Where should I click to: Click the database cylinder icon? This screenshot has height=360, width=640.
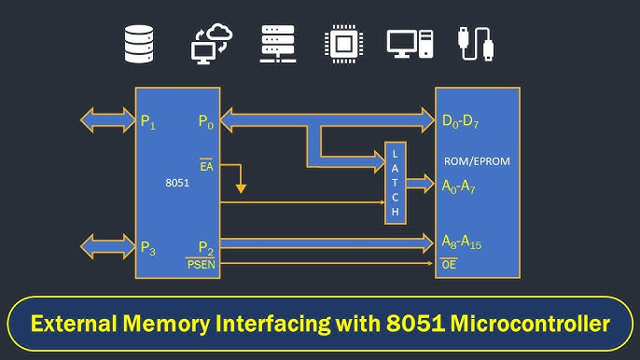coord(139,44)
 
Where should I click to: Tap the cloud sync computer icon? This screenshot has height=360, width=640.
coord(212,44)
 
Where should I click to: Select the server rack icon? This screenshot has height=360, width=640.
coord(278,44)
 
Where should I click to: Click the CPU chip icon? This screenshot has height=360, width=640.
coord(343,44)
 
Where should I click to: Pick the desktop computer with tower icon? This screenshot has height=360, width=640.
coord(410,44)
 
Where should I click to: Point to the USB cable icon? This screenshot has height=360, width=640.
coord(476,44)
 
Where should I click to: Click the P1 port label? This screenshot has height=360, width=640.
coord(148,122)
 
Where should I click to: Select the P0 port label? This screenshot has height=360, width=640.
coord(206,121)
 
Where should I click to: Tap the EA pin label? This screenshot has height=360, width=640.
coord(206,165)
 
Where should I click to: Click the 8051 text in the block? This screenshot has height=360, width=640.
coord(177,183)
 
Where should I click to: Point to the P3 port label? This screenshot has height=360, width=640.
coord(148,248)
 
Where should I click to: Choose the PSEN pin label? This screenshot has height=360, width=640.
coord(201,264)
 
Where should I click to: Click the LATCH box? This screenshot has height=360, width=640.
coord(396,183)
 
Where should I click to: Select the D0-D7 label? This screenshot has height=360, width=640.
coord(461,121)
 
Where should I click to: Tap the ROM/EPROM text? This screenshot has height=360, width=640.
coord(477,161)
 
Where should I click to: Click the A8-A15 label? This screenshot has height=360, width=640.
coord(462,242)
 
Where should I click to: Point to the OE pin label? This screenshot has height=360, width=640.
coord(449,264)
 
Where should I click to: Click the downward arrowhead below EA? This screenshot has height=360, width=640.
coord(241,188)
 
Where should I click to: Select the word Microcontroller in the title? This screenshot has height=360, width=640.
coord(530,324)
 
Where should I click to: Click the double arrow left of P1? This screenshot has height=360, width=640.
coord(108,120)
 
